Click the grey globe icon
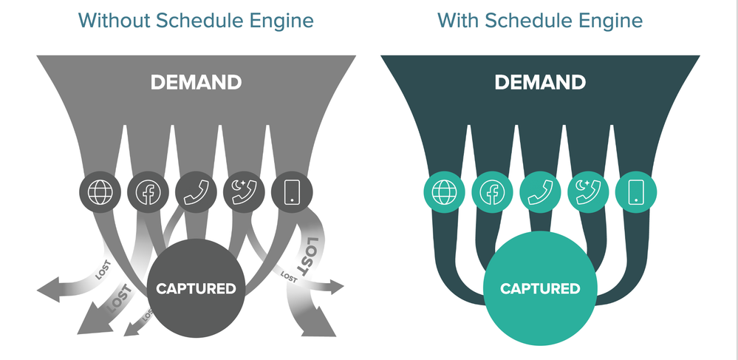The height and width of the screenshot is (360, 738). click(x=100, y=192)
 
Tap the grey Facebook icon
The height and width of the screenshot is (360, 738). click(x=148, y=192)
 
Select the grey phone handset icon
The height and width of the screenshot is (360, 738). click(x=196, y=192)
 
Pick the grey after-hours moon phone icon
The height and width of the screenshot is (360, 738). click(x=244, y=192)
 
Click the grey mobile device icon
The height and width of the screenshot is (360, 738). click(x=293, y=192)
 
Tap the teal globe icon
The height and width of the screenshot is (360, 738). click(x=444, y=192)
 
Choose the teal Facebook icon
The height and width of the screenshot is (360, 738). click(x=492, y=192)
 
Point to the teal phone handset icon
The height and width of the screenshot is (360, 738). click(x=540, y=192)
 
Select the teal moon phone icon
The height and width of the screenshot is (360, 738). click(x=588, y=192)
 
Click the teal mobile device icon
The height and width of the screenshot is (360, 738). click(x=636, y=192)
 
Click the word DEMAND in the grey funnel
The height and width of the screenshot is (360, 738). click(x=197, y=83)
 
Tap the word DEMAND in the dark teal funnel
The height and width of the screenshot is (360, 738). click(x=540, y=83)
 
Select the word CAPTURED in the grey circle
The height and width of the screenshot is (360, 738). click(x=196, y=288)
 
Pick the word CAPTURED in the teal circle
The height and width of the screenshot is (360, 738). click(x=540, y=288)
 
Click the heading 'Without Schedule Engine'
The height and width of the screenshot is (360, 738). click(x=196, y=21)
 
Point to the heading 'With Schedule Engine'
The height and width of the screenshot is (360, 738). click(x=540, y=21)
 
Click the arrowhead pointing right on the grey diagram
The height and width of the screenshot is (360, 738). click(x=336, y=287)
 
